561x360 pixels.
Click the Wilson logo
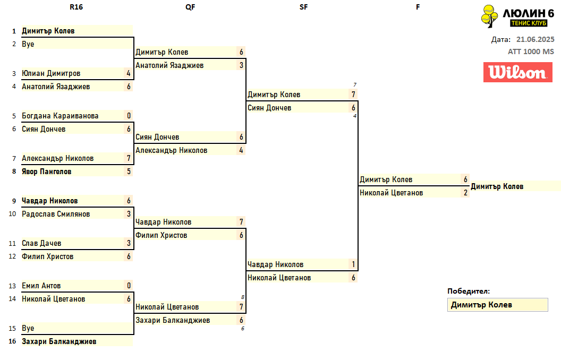[514, 72]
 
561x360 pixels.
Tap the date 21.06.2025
[535, 39]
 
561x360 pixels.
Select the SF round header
[303, 7]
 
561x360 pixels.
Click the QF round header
[190, 7]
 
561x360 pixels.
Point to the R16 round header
[76, 7]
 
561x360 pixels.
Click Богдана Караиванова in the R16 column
[60, 116]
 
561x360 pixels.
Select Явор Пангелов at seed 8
[46, 172]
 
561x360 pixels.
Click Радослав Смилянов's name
[56, 214]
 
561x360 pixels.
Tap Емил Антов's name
[41, 286]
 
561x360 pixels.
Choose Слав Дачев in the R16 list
[41, 243]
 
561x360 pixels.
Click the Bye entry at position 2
[28, 44]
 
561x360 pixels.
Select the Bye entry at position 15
[28, 328]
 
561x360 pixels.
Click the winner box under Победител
[497, 305]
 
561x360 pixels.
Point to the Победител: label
[469, 291]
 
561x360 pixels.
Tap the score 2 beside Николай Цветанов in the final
[465, 193]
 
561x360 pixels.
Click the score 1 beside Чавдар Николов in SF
[353, 264]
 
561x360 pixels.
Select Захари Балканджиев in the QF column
[173, 320]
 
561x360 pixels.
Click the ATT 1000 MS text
[531, 52]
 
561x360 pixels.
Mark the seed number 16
[13, 341]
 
